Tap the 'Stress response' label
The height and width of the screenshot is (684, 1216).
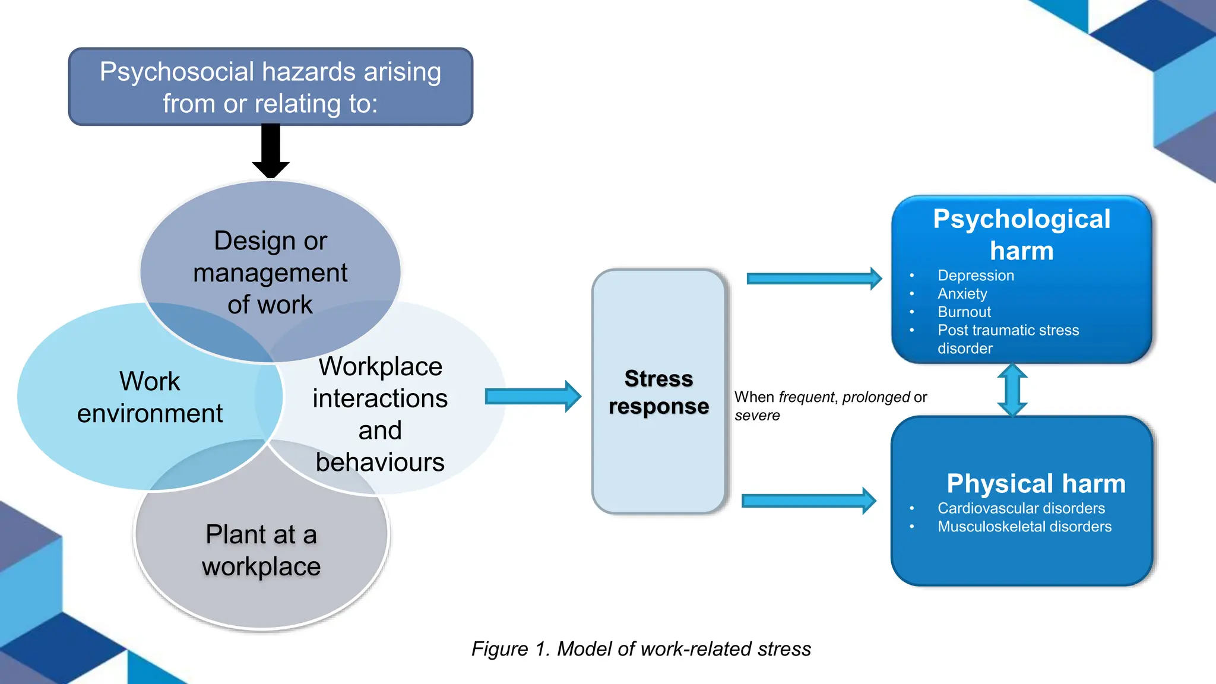(658, 392)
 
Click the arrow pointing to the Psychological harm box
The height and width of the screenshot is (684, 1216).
(813, 278)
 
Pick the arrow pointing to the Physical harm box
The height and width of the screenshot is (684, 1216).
(808, 501)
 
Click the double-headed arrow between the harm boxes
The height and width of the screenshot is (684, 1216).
(1012, 389)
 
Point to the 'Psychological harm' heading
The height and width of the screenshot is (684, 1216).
(1021, 235)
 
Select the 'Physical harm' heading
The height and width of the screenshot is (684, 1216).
(1035, 483)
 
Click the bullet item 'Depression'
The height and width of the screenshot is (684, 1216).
(976, 275)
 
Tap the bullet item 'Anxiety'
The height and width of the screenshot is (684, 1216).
(962, 294)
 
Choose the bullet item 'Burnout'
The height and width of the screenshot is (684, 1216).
(964, 312)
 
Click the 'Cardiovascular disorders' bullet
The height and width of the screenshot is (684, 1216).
(1021, 508)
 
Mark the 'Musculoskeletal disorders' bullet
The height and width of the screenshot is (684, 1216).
(1024, 527)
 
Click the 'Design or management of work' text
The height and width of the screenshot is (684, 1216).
(270, 273)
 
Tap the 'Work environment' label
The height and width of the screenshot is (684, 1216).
(150, 397)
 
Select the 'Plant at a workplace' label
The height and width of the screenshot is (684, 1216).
(261, 550)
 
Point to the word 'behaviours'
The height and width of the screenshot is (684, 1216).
(380, 462)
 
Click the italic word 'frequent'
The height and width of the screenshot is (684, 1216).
(806, 397)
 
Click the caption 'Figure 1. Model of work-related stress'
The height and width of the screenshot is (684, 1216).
(641, 648)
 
